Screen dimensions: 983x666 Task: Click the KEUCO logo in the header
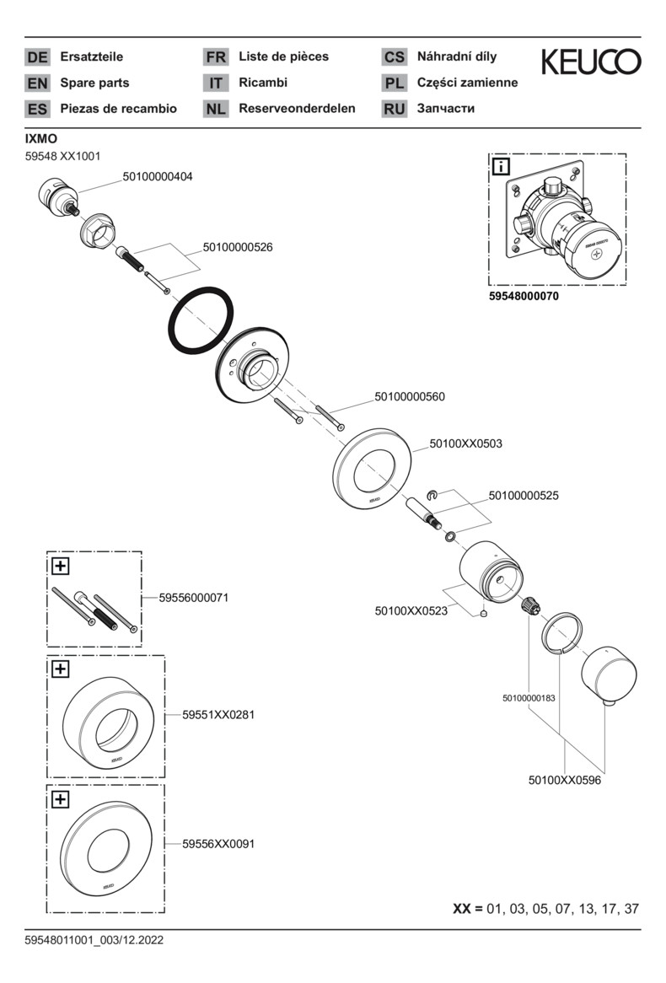point(590,62)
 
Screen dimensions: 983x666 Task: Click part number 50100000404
point(158,176)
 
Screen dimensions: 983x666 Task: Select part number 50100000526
point(238,247)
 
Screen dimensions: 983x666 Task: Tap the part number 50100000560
point(410,396)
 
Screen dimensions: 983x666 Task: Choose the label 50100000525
point(524,497)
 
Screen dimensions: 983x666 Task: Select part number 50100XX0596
point(564,780)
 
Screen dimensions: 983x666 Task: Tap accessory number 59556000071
point(194,598)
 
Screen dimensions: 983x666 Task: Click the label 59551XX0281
point(218,715)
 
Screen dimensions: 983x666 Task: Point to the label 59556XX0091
point(218,843)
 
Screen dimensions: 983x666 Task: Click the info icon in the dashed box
point(501,165)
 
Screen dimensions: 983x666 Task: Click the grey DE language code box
point(38,57)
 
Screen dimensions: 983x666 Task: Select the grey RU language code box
point(394,109)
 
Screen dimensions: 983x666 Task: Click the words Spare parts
point(94,83)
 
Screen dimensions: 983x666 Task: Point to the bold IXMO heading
point(41,138)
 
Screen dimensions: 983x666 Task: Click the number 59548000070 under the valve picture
point(524,297)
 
